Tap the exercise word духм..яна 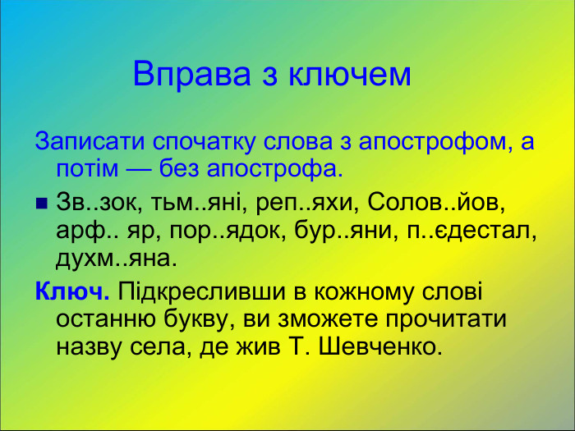pyautogui.click(x=115, y=259)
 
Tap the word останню pyautogui.click(x=105, y=319)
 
